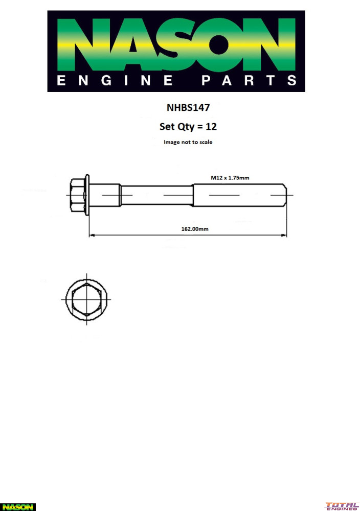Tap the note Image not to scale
188,142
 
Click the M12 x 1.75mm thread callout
230,177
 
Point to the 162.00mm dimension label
195,229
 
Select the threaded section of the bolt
238,195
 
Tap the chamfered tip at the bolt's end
284,195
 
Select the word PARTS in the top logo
249,81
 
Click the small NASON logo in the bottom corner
18,507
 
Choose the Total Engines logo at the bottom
342,506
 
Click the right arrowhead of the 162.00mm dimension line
284,236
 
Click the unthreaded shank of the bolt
156,195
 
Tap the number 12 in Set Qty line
211,126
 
